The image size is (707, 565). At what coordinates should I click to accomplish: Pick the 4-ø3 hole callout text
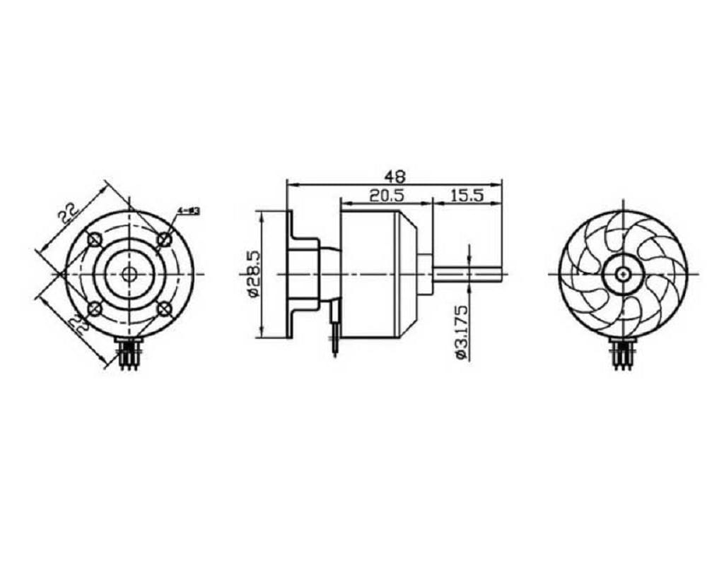pyautogui.click(x=189, y=210)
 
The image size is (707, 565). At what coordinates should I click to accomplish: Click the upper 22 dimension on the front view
pyautogui.click(x=68, y=213)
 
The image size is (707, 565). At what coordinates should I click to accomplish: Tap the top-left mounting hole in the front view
pyautogui.click(x=95, y=240)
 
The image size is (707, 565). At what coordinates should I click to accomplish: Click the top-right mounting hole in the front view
pyautogui.click(x=164, y=240)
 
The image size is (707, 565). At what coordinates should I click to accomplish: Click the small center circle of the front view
pyautogui.click(x=129, y=273)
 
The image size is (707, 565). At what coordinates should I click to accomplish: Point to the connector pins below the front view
pyautogui.click(x=129, y=355)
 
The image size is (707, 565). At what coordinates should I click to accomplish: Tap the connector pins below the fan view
pyautogui.click(x=623, y=355)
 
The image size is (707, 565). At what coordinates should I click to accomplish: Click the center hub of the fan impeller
pyautogui.click(x=623, y=273)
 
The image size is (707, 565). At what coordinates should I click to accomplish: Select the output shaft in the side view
pyautogui.click(x=470, y=273)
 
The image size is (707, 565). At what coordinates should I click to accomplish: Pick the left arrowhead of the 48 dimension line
pyautogui.click(x=290, y=184)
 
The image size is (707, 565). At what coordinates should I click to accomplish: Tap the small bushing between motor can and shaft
pyautogui.click(x=426, y=273)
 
